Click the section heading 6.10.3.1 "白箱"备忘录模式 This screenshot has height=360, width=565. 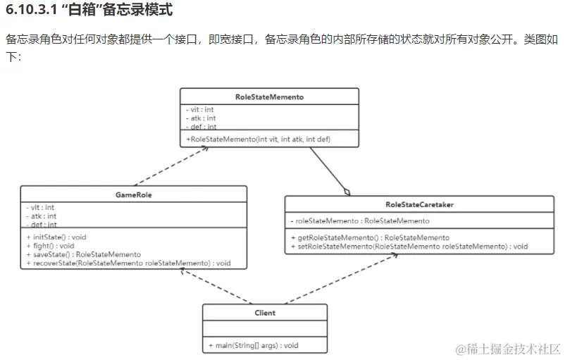[89, 12]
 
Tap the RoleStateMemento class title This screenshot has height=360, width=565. [269, 97]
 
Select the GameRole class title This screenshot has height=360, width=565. [133, 194]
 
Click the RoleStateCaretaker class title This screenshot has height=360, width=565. [419, 204]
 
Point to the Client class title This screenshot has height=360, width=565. [265, 312]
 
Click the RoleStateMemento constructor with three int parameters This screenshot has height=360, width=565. [259, 139]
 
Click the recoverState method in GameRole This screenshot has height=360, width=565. [129, 263]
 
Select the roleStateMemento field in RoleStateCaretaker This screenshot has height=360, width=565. [360, 221]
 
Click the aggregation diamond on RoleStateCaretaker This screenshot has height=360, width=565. [346, 192]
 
